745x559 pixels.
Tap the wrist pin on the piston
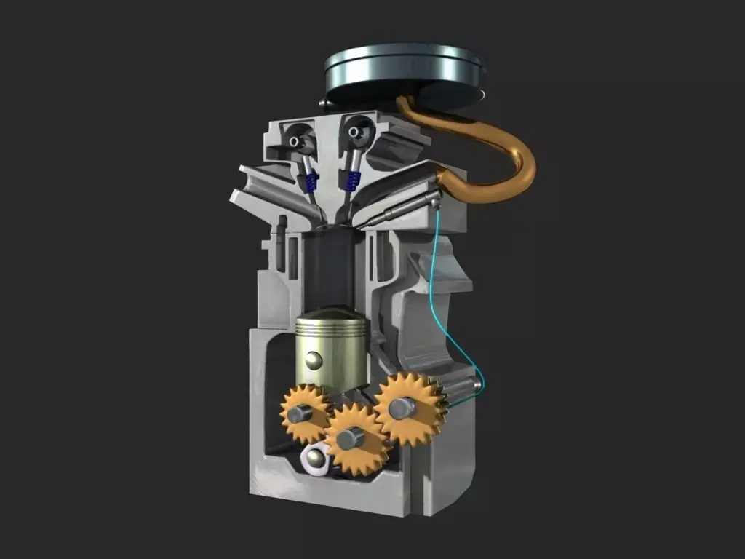point(314,360)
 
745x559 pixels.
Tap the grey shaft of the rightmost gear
point(402,408)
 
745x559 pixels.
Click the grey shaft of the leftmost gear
point(298,414)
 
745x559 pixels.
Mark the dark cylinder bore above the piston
point(331,269)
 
